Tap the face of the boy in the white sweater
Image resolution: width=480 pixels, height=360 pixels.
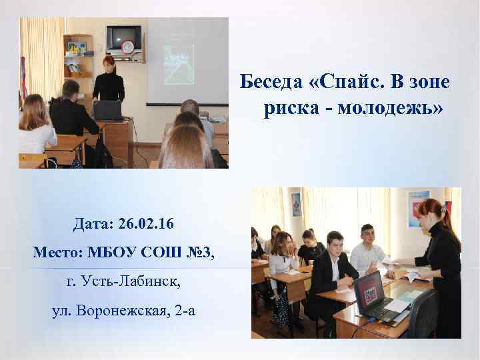[x=369, y=235]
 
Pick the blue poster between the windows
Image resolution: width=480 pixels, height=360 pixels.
[x=295, y=204]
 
